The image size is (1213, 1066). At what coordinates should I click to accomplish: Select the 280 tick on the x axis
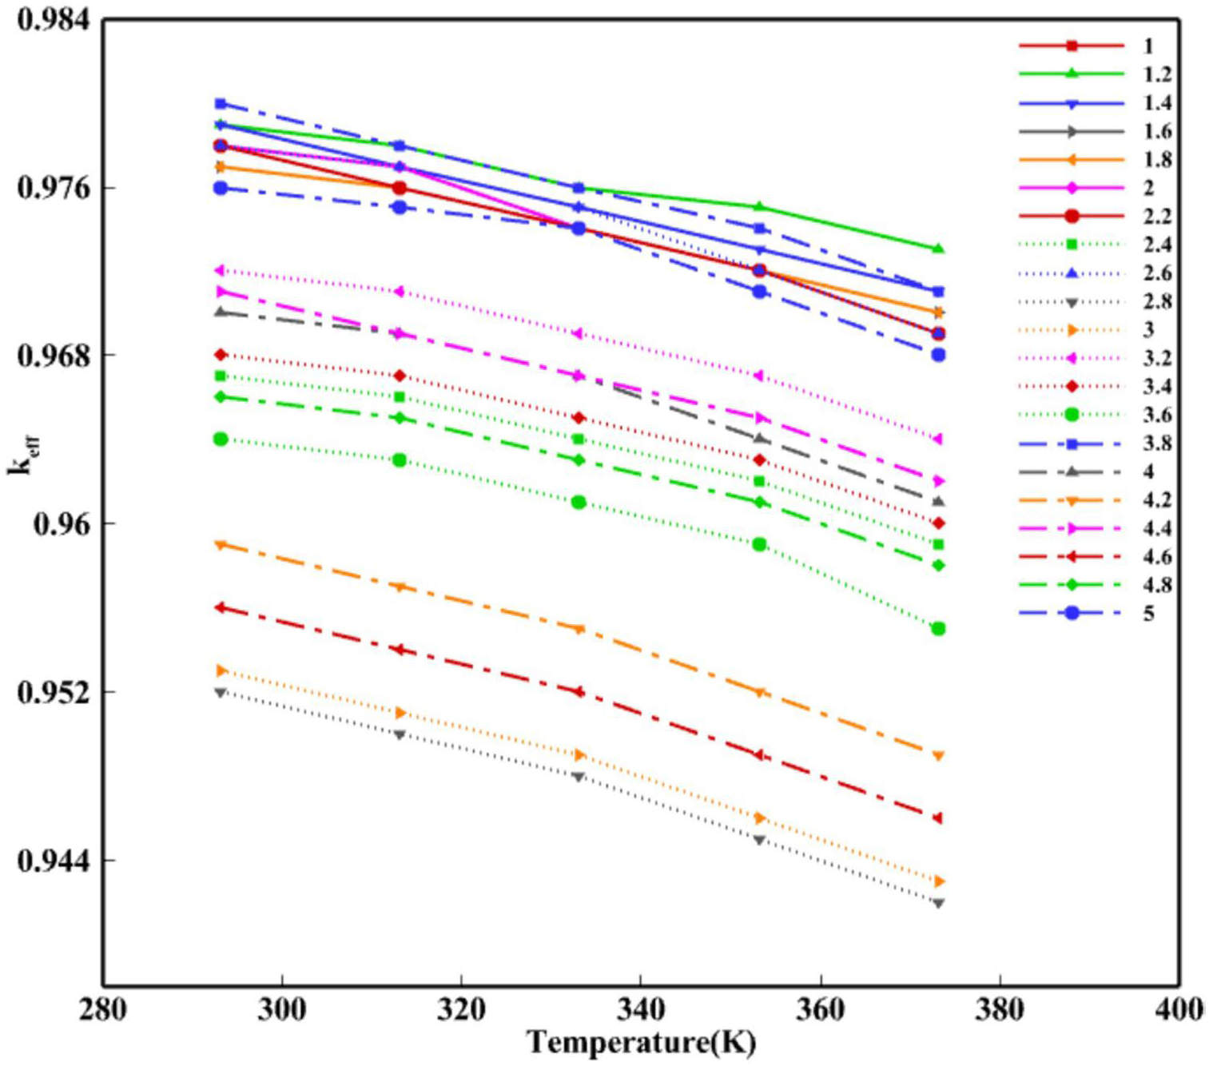point(102,1010)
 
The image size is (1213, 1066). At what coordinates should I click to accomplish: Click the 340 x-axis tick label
point(641,1010)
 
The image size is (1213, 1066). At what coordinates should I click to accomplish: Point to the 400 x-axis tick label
point(1179,1010)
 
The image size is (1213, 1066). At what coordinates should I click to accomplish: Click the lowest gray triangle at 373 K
point(939,903)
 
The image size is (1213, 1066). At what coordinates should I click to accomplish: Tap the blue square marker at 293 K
point(221,104)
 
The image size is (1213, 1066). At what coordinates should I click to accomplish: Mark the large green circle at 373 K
point(939,629)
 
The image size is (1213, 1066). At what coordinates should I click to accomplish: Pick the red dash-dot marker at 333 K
point(579,691)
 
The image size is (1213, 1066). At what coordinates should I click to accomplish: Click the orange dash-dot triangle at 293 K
point(221,545)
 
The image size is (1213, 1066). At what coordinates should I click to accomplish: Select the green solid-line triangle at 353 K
point(759,207)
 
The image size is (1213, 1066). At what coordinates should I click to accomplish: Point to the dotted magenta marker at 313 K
point(400,292)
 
